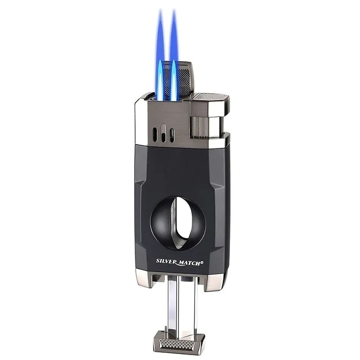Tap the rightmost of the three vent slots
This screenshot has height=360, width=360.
click(171, 135)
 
